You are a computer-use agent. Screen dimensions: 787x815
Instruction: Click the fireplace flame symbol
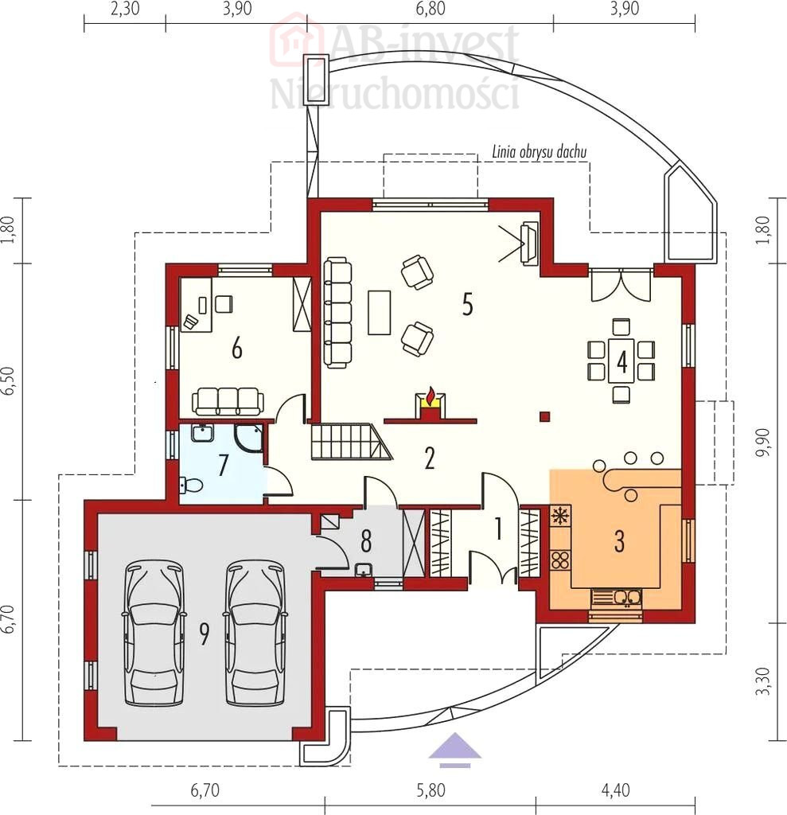click(x=430, y=396)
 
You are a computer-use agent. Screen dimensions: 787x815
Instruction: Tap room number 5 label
click(x=468, y=304)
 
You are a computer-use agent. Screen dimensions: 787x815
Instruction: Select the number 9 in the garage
click(x=205, y=634)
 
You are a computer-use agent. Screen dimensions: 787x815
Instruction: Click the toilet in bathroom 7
click(x=191, y=485)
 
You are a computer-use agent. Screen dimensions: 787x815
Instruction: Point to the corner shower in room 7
click(x=248, y=439)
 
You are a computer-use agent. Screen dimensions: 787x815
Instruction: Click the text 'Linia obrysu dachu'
click(x=539, y=152)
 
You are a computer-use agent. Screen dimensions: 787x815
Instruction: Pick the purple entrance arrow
click(x=455, y=750)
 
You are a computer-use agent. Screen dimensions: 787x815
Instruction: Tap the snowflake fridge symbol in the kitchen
click(x=560, y=516)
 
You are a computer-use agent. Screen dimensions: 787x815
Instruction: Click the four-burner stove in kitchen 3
click(x=560, y=560)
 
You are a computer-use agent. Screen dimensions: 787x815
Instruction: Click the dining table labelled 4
click(x=621, y=361)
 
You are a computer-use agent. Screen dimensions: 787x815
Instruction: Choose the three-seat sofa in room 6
click(x=228, y=401)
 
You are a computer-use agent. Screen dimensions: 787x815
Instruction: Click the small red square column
click(x=545, y=415)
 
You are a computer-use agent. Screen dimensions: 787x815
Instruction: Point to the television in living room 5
click(x=530, y=244)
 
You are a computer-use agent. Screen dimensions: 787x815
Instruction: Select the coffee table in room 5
click(x=380, y=312)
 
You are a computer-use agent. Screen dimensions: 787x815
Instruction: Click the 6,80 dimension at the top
click(x=431, y=9)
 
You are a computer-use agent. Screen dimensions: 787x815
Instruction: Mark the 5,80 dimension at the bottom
click(x=431, y=790)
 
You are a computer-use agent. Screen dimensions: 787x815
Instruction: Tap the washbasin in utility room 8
click(x=364, y=570)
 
